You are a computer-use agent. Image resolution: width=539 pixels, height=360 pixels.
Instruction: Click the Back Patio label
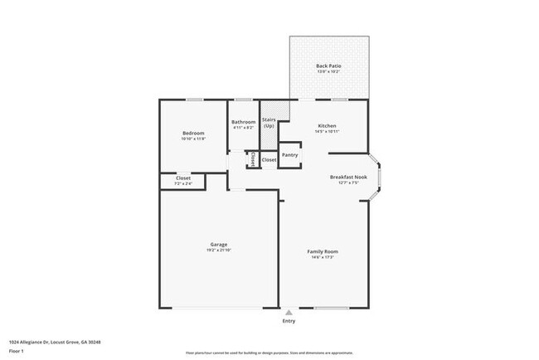click(x=328, y=66)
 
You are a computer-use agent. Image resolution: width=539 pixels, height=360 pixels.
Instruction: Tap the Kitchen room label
click(x=327, y=126)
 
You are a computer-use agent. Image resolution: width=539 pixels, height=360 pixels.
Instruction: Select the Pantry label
click(x=290, y=155)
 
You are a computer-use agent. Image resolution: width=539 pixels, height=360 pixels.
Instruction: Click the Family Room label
click(x=323, y=251)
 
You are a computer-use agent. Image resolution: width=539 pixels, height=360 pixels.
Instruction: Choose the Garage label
click(x=219, y=245)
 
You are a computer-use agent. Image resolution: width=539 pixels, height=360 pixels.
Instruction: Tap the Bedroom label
click(x=193, y=133)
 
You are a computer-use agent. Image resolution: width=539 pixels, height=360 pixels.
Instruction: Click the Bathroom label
click(x=244, y=122)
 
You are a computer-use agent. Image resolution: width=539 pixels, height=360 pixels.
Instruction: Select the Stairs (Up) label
click(x=269, y=123)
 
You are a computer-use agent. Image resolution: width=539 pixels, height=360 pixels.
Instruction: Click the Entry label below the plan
click(x=289, y=320)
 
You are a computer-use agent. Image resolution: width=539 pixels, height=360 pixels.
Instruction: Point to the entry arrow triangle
click(x=289, y=312)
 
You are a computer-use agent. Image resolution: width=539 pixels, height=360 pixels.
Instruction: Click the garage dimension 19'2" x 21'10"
click(x=219, y=251)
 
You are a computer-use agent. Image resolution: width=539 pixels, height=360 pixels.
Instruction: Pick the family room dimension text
click(x=323, y=257)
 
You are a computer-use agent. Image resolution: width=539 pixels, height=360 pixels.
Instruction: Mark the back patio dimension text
click(x=328, y=71)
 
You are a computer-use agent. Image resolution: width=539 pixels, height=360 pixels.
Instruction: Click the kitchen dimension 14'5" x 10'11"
click(x=327, y=132)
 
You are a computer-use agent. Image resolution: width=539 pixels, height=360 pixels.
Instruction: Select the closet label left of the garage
click(x=183, y=178)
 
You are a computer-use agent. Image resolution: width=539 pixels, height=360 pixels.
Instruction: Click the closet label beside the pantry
click(x=269, y=160)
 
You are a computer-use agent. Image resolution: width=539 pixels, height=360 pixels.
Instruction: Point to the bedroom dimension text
click(x=193, y=139)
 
